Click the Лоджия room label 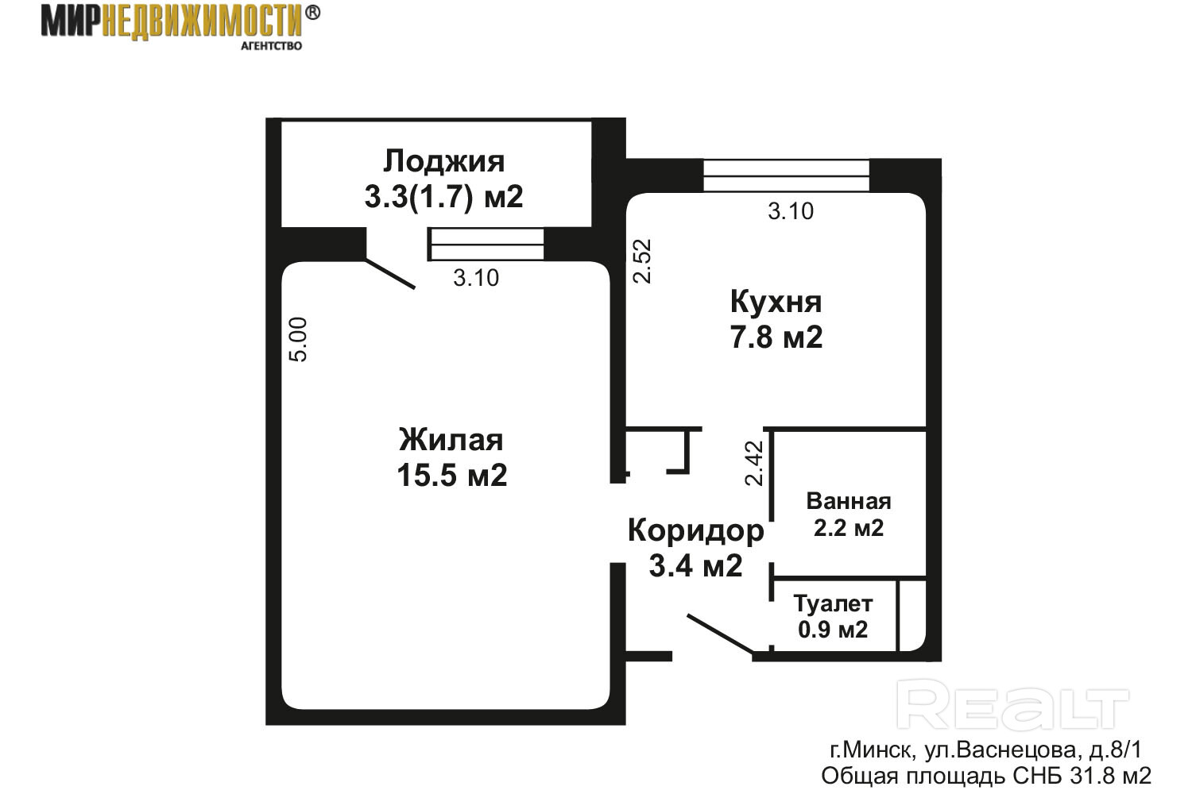[443, 162]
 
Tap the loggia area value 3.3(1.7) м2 [443, 197]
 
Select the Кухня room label [776, 303]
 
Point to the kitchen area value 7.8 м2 [776, 337]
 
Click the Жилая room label [451, 441]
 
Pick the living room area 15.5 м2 [452, 475]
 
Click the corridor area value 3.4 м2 [695, 565]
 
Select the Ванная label [848, 502]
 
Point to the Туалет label [833, 604]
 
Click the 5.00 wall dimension [299, 339]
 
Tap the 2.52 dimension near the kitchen [642, 261]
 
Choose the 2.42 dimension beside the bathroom [754, 463]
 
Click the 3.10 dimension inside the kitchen [791, 212]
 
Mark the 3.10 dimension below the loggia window [476, 278]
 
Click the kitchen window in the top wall [787, 175]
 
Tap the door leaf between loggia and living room [390, 275]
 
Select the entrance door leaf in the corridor [721, 634]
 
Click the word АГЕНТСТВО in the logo [272, 46]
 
